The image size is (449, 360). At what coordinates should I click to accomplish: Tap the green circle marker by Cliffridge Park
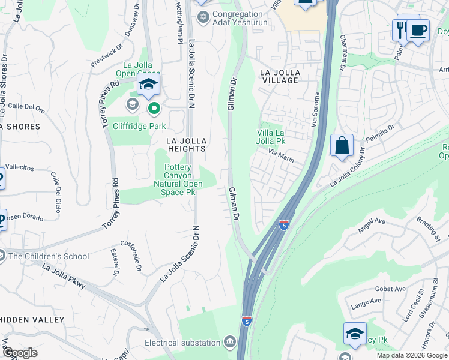154,109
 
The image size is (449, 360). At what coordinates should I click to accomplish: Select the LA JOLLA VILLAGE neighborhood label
280,77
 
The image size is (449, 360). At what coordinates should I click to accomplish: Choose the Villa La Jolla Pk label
271,137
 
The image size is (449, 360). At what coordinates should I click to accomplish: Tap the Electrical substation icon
229,343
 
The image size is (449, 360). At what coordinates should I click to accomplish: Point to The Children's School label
49,256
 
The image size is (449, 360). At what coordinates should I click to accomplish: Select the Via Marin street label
280,159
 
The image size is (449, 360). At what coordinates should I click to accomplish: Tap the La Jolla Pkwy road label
64,278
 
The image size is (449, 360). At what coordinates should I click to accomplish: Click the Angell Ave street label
370,225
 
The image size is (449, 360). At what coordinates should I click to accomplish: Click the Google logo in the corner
19,353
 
